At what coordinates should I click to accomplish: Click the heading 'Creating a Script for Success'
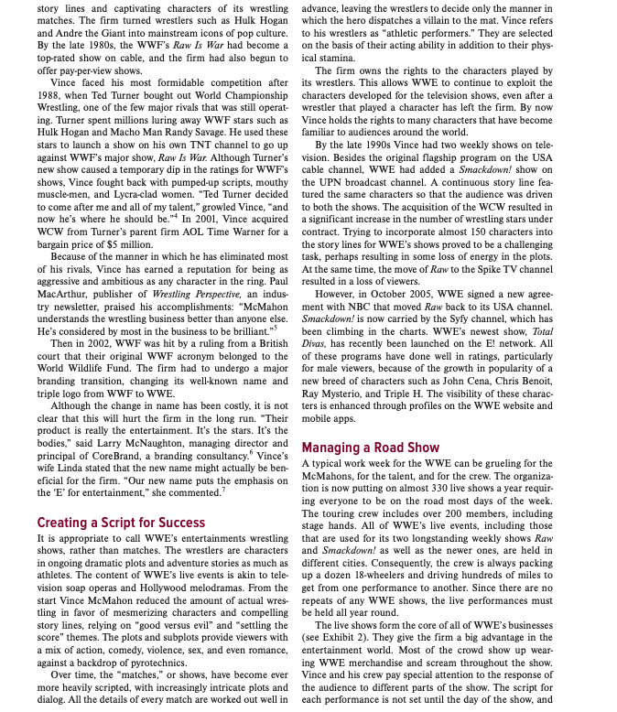(x=121, y=523)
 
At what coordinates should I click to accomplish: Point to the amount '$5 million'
(x=115, y=244)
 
